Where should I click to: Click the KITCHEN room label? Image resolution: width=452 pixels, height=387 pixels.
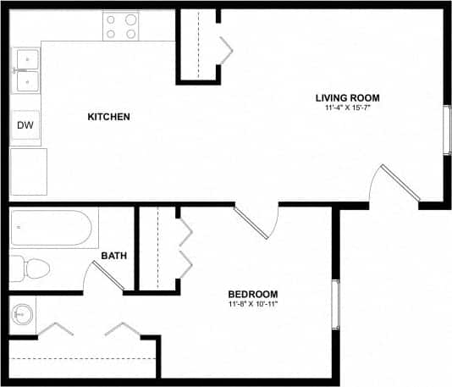[x=108, y=116]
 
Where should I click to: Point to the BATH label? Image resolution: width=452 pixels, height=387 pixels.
[x=114, y=255]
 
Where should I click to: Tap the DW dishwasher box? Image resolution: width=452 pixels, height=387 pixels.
[x=25, y=126]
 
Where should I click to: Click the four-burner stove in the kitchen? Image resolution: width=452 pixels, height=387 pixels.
[x=121, y=25]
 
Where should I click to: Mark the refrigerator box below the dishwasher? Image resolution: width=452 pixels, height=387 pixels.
[x=28, y=171]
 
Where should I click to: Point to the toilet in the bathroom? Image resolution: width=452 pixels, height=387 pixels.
[x=30, y=268]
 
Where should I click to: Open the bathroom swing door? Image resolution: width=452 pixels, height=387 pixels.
[x=108, y=276]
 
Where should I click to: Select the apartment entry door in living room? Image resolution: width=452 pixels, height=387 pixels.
[x=398, y=184]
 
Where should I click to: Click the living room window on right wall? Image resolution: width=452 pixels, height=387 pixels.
[x=447, y=130]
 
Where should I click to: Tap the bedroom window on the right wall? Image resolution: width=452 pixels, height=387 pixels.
[x=335, y=302]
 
